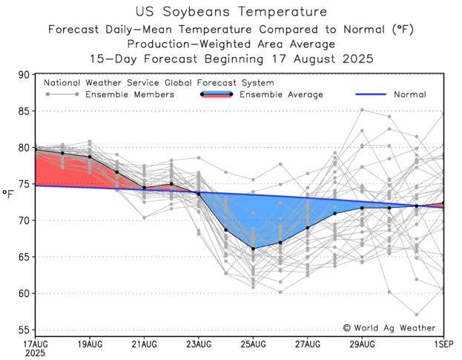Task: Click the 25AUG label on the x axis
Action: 253,345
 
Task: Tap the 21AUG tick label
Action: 144,345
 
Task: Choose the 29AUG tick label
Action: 362,345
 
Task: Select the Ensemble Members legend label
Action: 130,95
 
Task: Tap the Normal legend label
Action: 409,95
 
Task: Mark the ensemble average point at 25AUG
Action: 253,249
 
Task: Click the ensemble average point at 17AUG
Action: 36,149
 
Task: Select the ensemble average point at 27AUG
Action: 307,228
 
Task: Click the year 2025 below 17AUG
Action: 34,354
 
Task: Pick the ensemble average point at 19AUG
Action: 90,157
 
